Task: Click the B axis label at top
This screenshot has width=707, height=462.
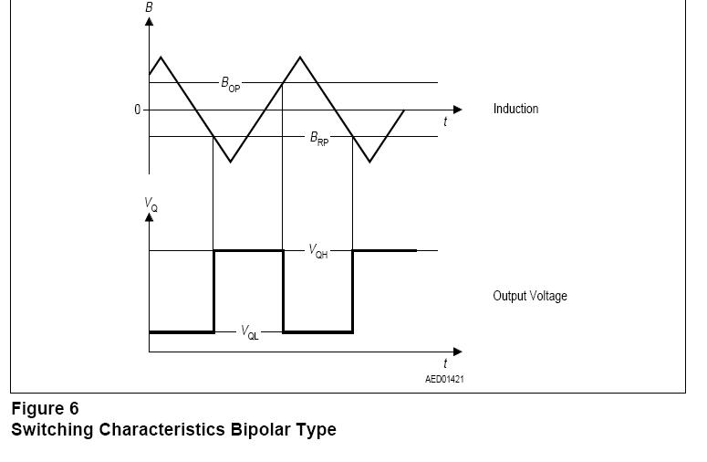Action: click(x=149, y=7)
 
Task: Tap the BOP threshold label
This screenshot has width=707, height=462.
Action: click(x=230, y=83)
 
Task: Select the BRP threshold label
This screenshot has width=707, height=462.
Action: click(x=318, y=138)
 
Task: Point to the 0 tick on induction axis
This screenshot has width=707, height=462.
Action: click(x=138, y=110)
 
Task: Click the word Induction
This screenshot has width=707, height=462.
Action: click(x=515, y=109)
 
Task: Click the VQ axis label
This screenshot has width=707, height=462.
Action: click(x=151, y=205)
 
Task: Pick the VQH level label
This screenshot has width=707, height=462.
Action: click(x=317, y=251)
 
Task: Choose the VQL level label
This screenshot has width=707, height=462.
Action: click(x=249, y=332)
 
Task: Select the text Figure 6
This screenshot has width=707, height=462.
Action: click(x=45, y=408)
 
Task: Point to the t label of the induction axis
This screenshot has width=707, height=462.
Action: click(x=445, y=122)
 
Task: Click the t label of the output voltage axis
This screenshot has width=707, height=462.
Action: click(x=445, y=363)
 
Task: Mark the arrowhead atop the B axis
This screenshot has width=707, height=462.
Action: click(x=149, y=20)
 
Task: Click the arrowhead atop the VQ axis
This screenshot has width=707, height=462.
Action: click(x=149, y=217)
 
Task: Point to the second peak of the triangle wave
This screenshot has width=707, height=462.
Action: click(x=300, y=58)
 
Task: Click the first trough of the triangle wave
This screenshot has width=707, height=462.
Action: click(x=231, y=162)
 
